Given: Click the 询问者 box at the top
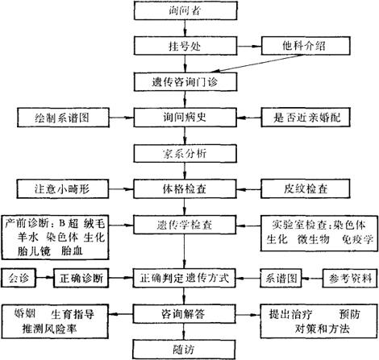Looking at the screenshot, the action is (185, 10).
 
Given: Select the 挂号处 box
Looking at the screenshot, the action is (185, 46).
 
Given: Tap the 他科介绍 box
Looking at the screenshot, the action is (306, 46).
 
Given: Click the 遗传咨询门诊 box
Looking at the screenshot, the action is (185, 82).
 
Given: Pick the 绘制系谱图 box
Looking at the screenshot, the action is (63, 118).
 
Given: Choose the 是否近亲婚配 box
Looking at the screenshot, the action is (306, 118).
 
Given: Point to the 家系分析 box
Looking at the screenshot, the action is (185, 153).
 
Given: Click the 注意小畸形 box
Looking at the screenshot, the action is (63, 189).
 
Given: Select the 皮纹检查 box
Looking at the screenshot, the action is (306, 189).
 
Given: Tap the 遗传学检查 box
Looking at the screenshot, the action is (185, 225).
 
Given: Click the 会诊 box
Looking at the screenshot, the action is (19, 278).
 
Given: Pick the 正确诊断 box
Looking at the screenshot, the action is (81, 278).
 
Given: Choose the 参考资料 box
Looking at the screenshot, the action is (350, 279).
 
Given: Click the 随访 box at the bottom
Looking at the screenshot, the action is (184, 350).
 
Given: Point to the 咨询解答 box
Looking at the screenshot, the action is (185, 314).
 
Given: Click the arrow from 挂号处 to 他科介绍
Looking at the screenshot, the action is (249, 46).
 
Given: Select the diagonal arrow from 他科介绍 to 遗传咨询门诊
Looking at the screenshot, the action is (256, 64).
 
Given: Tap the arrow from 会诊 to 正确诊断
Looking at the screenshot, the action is (44, 278).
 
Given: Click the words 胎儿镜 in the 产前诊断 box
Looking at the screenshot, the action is (34, 251).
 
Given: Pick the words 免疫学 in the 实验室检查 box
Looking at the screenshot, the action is (357, 239).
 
